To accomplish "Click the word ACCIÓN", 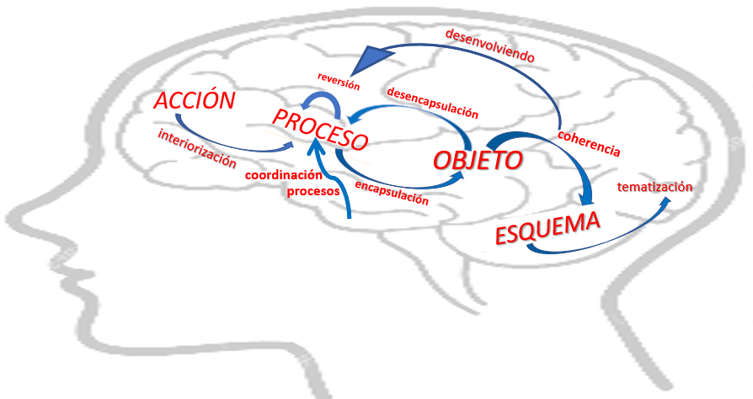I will [194, 101].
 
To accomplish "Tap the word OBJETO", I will [477, 159].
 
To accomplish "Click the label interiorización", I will [197, 150].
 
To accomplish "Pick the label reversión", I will [339, 82].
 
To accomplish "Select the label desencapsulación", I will [430, 101].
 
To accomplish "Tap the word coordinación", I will [284, 175].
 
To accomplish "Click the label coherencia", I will [590, 144].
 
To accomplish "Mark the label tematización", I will [654, 187].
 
